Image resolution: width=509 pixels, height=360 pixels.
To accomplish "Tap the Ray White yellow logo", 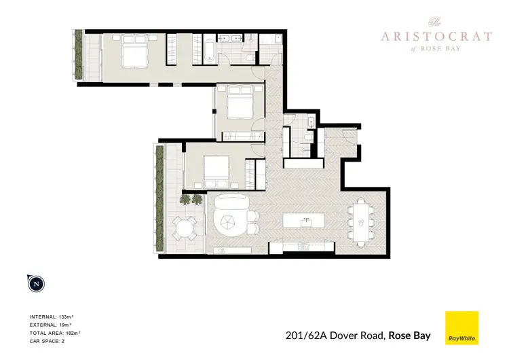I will (461, 328).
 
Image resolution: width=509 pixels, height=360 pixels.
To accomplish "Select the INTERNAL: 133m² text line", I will (55, 317).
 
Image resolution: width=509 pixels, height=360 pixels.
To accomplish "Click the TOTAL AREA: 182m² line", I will (55, 332).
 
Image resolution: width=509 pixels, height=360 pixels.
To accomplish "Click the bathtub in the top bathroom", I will (206, 50).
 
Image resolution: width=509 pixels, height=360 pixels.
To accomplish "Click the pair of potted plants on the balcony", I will (191, 198).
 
